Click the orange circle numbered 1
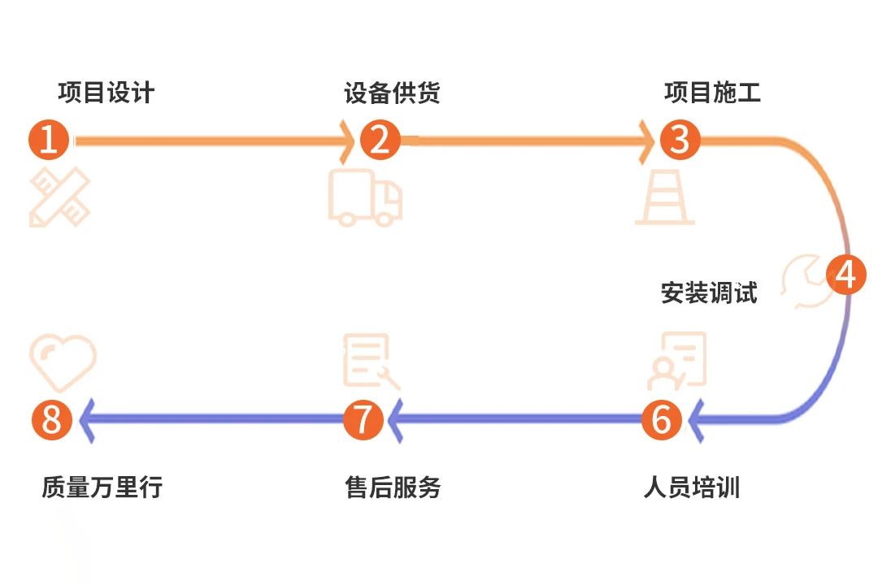[49, 141]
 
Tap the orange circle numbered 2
[380, 140]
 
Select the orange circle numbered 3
[680, 140]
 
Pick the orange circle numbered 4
[846, 275]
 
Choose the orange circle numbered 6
[661, 420]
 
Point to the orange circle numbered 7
[363, 420]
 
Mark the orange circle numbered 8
[52, 420]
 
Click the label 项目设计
[106, 93]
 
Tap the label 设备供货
[392, 93]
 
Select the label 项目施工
[712, 93]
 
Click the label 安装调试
[709, 292]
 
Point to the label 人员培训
[691, 487]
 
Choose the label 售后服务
[393, 487]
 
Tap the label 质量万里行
[102, 487]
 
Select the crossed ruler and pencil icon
[59, 197]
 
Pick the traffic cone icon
[664, 197]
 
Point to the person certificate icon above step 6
[676, 361]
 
